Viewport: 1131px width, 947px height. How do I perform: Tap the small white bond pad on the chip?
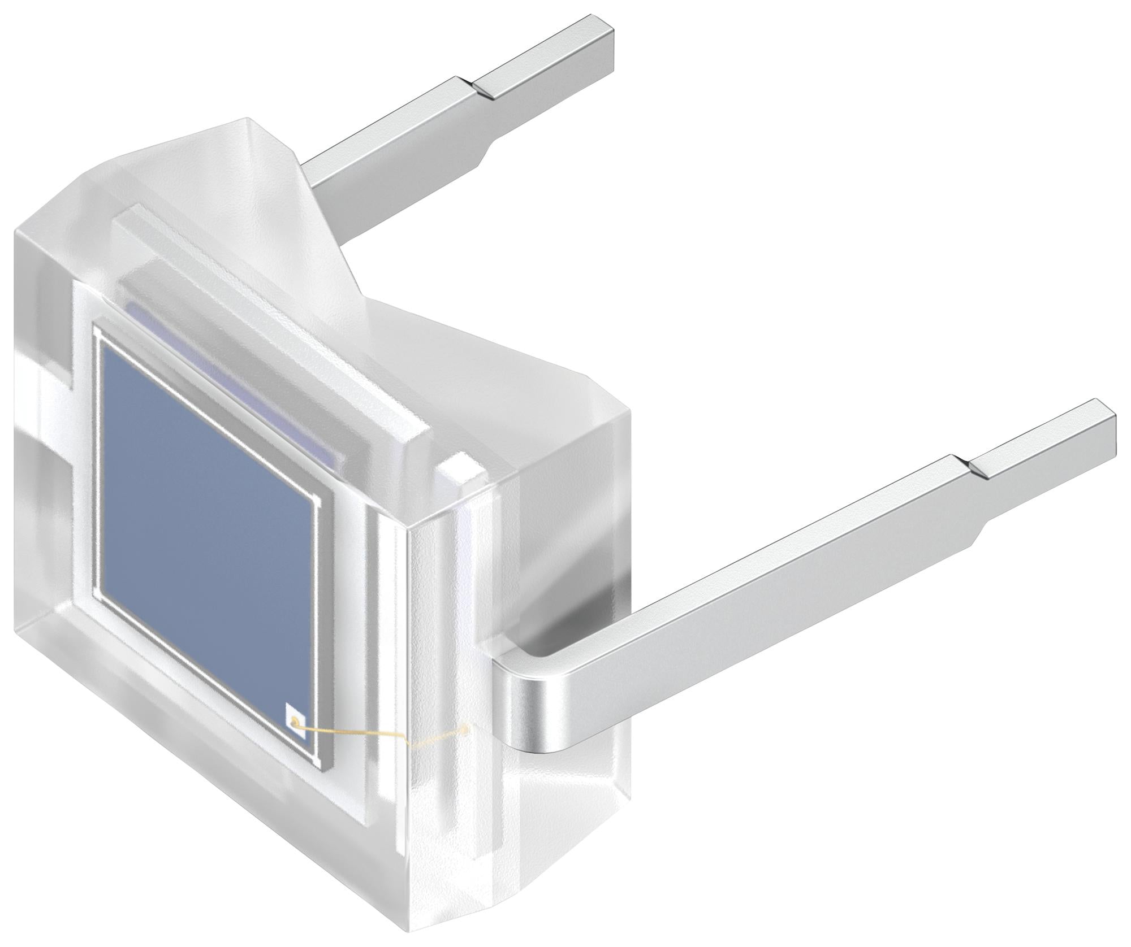coord(295,720)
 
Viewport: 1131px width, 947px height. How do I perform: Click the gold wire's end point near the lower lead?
coord(465,729)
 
